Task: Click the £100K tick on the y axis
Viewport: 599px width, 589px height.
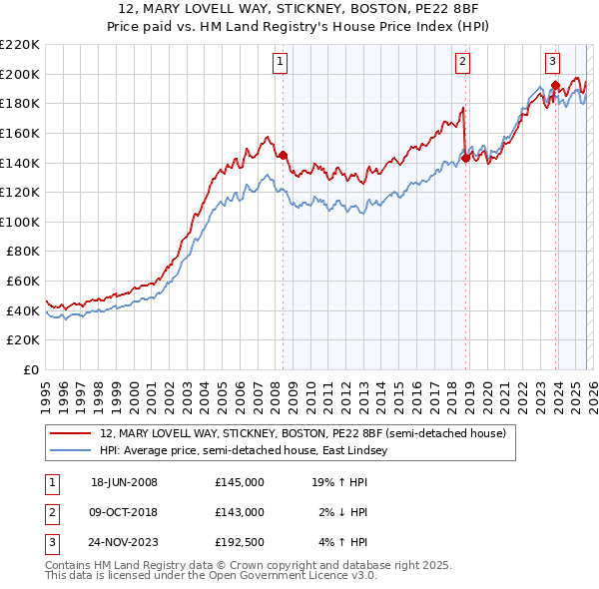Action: click(x=19, y=222)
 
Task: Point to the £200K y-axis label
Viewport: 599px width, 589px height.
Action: click(x=19, y=74)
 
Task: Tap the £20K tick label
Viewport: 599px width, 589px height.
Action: click(x=22, y=340)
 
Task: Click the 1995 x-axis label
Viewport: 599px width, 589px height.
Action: click(x=46, y=390)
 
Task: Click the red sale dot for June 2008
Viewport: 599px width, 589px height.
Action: click(x=283, y=155)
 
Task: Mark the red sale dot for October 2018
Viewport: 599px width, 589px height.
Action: click(x=465, y=158)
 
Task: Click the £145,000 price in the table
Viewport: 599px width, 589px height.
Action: click(x=239, y=482)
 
